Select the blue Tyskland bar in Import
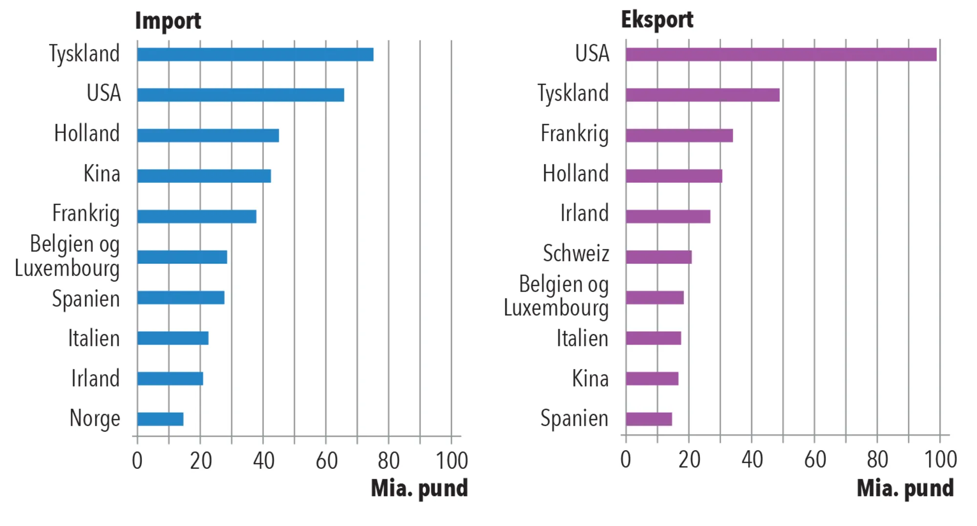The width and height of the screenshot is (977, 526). click(255, 54)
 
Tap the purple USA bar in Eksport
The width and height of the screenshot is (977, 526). click(781, 54)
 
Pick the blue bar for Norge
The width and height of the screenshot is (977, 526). click(160, 419)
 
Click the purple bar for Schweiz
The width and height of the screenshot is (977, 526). click(658, 257)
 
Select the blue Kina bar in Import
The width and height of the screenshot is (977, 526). click(204, 176)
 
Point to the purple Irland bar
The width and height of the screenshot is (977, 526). click(668, 216)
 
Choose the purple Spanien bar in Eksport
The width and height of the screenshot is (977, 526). click(649, 419)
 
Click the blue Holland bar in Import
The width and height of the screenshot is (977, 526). click(208, 135)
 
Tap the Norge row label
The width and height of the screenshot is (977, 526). click(95, 419)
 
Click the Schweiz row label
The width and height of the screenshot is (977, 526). click(576, 253)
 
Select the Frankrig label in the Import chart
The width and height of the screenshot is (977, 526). click(86, 214)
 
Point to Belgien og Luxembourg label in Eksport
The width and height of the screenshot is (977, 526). click(557, 296)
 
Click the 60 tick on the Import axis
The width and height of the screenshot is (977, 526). click(326, 461)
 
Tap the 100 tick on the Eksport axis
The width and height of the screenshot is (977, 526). click(940, 460)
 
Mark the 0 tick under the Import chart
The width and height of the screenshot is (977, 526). click(137, 461)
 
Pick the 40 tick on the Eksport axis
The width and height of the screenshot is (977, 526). click(752, 460)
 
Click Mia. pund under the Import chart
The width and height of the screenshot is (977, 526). click(419, 488)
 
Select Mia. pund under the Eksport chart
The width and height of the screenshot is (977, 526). click(905, 488)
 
